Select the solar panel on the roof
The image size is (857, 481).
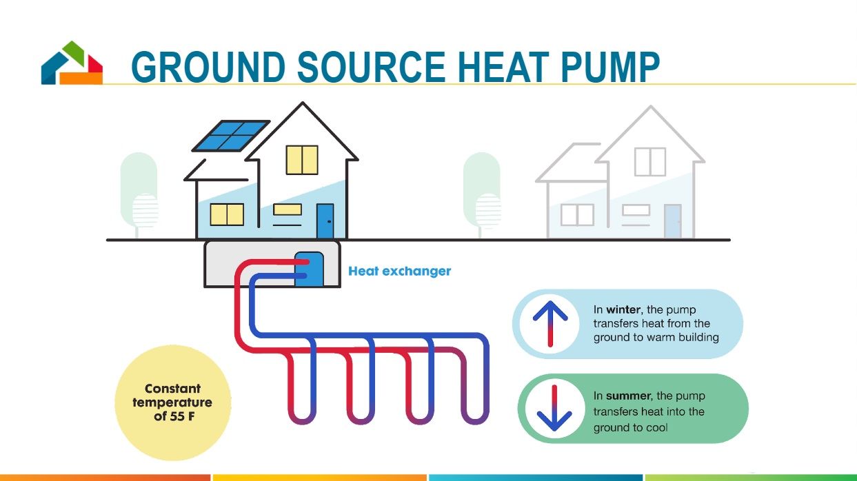(x=230, y=136)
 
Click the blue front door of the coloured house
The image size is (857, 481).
(x=325, y=221)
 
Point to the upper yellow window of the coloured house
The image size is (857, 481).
(x=302, y=160)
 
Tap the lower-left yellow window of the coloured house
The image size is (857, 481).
(x=227, y=214)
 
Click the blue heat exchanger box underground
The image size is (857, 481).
(x=309, y=269)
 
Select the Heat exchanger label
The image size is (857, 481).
(x=399, y=272)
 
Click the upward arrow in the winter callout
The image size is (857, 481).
(x=550, y=323)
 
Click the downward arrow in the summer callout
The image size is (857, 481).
(x=553, y=409)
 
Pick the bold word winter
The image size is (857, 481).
(x=623, y=310)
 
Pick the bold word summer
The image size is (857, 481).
(x=627, y=396)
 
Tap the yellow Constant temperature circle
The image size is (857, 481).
(x=172, y=402)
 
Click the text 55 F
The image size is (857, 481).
(x=182, y=416)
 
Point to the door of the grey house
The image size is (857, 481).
(x=672, y=221)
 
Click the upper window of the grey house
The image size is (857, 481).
(x=649, y=161)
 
